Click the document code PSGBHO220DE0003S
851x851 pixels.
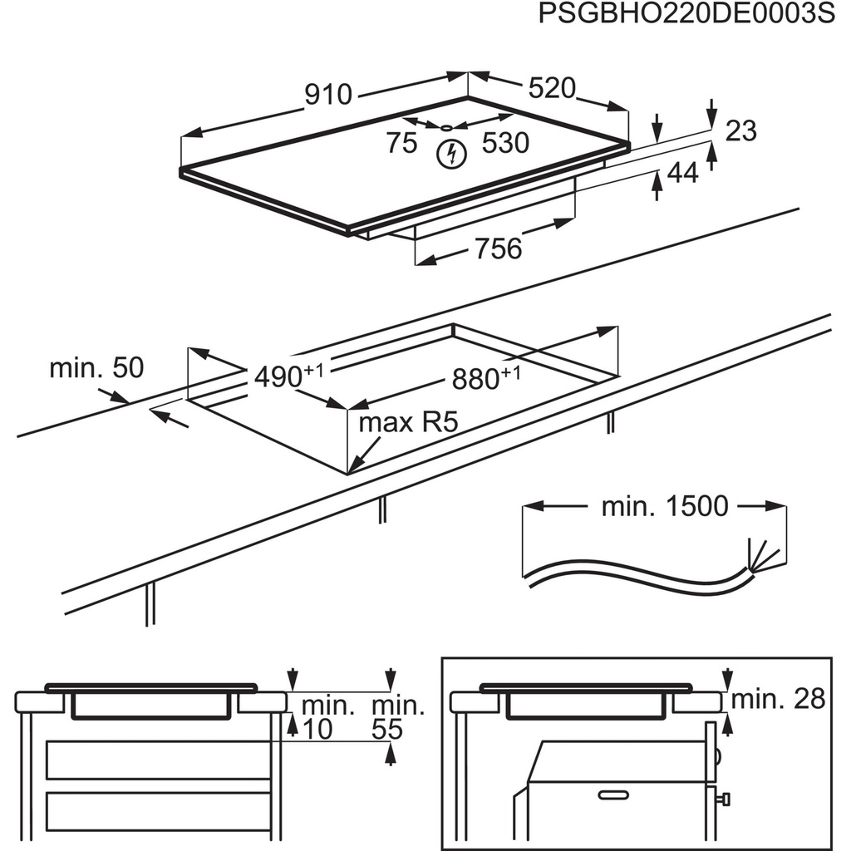point(686,16)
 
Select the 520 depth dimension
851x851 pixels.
point(549,87)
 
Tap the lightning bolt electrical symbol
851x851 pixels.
point(451,154)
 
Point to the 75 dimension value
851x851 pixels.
point(401,144)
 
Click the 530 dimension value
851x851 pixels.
point(505,144)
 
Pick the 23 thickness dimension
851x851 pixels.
point(741,130)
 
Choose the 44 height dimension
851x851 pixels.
point(683,174)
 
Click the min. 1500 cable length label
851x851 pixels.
point(665,506)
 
